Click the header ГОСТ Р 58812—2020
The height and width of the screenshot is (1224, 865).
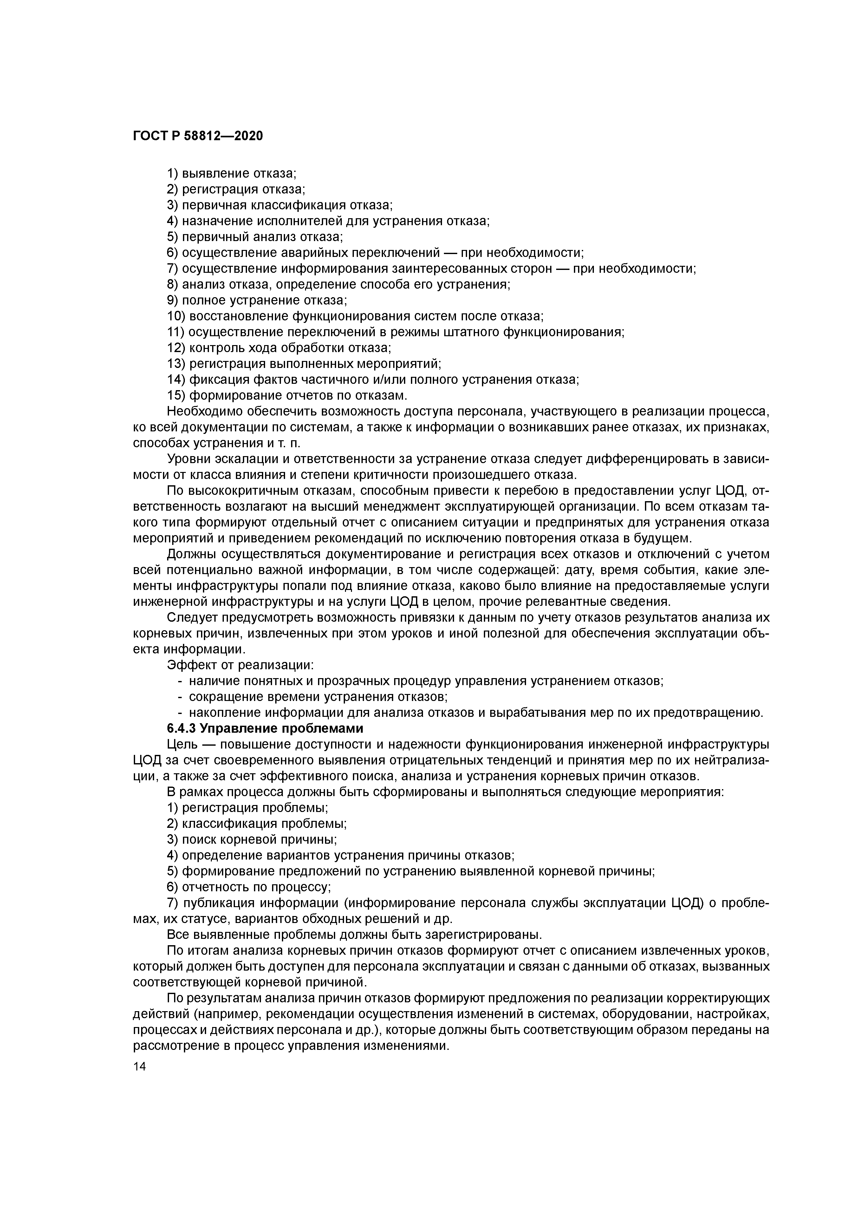pyautogui.click(x=198, y=136)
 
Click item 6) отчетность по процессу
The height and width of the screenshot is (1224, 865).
pyautogui.click(x=249, y=887)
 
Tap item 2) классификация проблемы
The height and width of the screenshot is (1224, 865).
pyautogui.click(x=257, y=824)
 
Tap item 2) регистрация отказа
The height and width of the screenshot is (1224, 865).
pyautogui.click(x=236, y=189)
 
